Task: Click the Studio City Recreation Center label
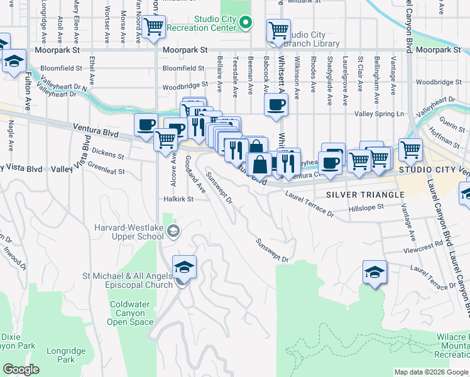[x=215, y=24]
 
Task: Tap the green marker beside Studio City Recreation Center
[x=247, y=23]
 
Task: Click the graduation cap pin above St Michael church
[x=184, y=268]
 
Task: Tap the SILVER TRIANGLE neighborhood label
[x=365, y=195]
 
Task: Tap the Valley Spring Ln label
[x=380, y=114]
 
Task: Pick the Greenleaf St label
[x=106, y=170]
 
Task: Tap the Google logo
[x=20, y=369]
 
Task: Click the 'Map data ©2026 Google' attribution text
[x=430, y=372]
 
